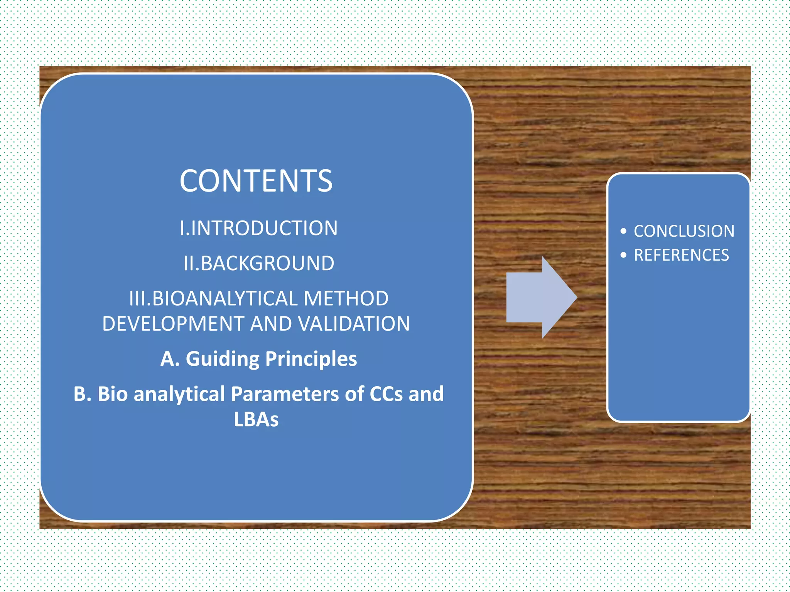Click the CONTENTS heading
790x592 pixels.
click(x=256, y=181)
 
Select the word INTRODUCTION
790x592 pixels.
click(x=264, y=228)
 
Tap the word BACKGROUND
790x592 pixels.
click(x=267, y=264)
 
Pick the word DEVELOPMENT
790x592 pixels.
click(x=173, y=324)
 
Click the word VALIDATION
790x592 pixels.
click(x=354, y=324)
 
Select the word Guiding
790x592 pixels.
click(x=222, y=359)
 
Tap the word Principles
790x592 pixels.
click(x=311, y=359)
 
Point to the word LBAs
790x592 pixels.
click(x=256, y=419)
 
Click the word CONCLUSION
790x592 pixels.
click(x=684, y=231)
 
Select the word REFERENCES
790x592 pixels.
click(x=681, y=255)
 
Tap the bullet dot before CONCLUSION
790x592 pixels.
click(x=623, y=231)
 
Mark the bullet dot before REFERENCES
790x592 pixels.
click(x=623, y=255)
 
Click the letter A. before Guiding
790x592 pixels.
click(x=170, y=359)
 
